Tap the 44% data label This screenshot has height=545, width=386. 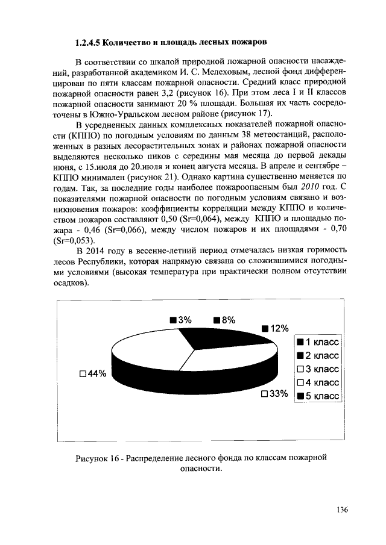coord(93,374)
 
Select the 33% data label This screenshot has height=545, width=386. coord(274,394)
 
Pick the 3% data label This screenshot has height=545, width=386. coord(180,320)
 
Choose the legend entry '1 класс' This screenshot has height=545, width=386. coord(318,341)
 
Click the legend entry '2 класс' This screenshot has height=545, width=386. coord(318,355)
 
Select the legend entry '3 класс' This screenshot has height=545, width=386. coord(318,369)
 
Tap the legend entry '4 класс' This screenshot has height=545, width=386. coord(318,382)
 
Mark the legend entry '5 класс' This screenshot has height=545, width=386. coord(318,396)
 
